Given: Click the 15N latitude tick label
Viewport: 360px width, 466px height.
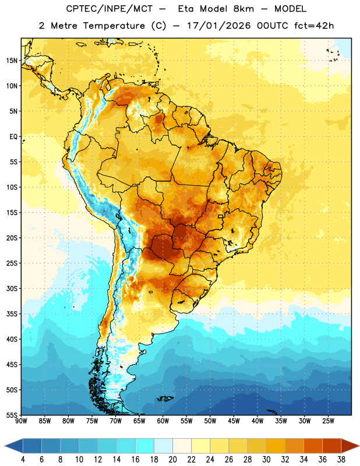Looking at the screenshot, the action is (x=12, y=61).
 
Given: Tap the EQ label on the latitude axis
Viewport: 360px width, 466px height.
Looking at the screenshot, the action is (x=13, y=137).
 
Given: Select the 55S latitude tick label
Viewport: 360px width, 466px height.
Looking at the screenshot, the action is (x=12, y=415).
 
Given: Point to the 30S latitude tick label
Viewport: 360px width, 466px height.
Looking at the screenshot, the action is (x=12, y=288).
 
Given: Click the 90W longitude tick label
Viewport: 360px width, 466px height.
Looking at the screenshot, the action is (x=21, y=421).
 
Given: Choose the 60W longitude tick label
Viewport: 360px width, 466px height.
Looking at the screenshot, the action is (x=163, y=421).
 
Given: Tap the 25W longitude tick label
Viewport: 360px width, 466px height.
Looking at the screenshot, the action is (x=328, y=421).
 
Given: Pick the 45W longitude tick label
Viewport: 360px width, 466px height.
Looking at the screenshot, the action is (x=234, y=421).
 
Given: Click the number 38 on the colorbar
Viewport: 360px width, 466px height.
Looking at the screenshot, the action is (x=341, y=460).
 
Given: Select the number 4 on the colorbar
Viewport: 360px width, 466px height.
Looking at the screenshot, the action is (x=23, y=460).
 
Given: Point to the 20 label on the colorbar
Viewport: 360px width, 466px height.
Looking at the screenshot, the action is (x=172, y=460).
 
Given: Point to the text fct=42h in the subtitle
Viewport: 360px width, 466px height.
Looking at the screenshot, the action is (x=314, y=26).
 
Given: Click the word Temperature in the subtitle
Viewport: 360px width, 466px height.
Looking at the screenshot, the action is (x=114, y=26).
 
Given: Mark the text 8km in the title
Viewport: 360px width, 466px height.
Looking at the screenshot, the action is (x=244, y=9).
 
